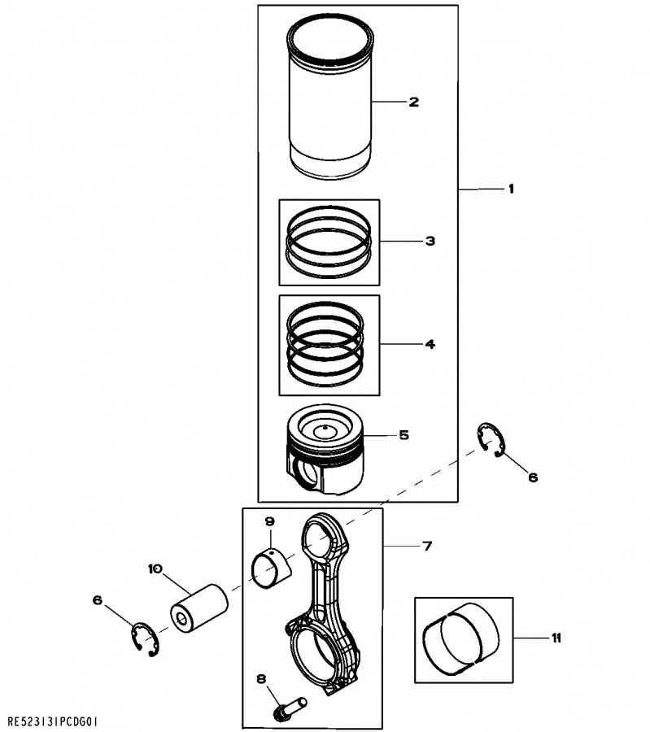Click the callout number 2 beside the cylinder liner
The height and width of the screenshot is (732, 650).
pos(414,102)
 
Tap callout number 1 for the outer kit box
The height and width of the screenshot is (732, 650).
pos(512,189)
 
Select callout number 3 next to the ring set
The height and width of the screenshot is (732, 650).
pos(430,241)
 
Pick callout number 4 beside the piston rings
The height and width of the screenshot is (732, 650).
pos(430,344)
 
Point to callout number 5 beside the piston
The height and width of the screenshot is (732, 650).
pos(404,435)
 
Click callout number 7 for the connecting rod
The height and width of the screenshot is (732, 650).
pos(427,545)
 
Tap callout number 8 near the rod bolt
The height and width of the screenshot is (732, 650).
pos(261,679)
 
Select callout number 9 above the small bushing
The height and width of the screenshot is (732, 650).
pos(270,521)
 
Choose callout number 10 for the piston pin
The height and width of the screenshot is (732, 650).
pos(155,569)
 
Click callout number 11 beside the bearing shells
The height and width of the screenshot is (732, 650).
pos(556,638)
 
